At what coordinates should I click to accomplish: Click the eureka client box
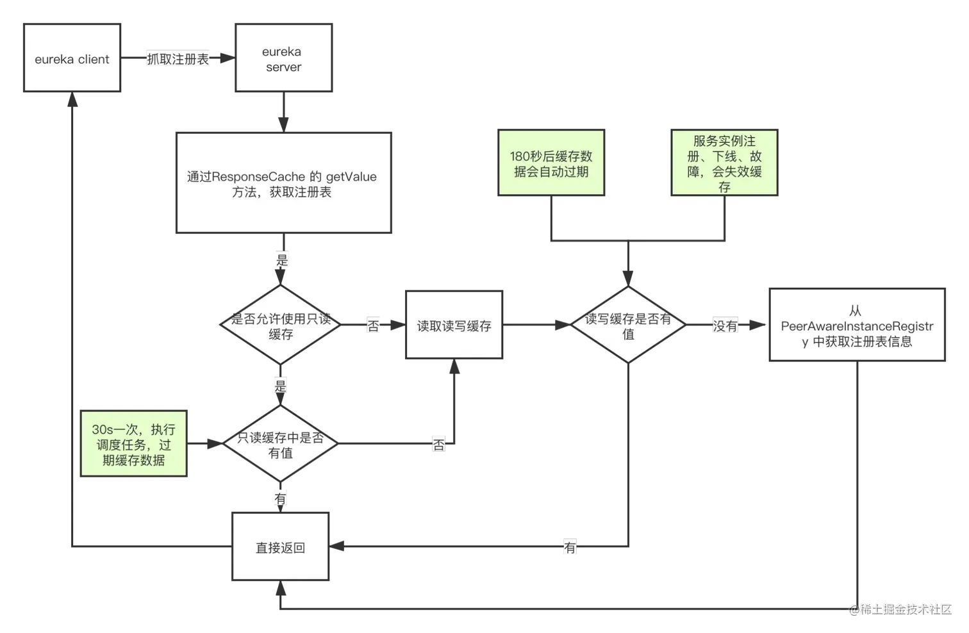point(72,59)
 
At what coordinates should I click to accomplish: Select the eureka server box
point(283,59)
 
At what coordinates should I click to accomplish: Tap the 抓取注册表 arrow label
point(178,59)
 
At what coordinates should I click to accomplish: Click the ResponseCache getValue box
point(283,183)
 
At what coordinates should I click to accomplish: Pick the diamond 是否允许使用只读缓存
point(281,326)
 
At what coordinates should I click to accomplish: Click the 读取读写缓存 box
point(454,325)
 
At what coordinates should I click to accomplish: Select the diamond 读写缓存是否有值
point(628,326)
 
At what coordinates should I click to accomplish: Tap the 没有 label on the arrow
point(725,325)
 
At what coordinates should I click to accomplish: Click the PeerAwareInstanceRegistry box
point(857,326)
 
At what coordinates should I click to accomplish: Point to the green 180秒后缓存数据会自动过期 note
point(551,164)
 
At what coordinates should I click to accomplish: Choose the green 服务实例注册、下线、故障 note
point(724,164)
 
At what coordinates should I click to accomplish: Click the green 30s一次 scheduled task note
point(133,445)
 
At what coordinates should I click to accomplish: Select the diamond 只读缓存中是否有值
point(281,445)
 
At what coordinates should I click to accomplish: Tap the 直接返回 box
point(281,548)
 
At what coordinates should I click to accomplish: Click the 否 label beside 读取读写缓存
point(373,325)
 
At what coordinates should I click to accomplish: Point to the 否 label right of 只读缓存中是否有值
point(439,445)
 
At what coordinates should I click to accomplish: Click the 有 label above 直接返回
point(281,498)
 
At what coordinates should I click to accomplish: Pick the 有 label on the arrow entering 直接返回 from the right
point(570,548)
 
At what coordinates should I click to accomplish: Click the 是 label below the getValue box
point(282,259)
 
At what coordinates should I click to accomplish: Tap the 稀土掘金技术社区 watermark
point(900,608)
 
